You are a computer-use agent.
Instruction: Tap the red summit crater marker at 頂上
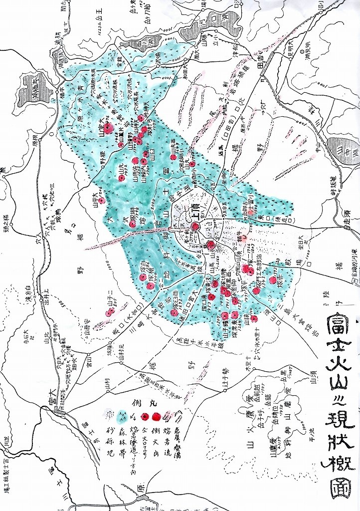pyautogui.click(x=195, y=226)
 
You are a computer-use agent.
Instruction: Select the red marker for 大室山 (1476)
pyautogui.click(x=108, y=128)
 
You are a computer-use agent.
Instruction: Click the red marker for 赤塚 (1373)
pyautogui.click(x=272, y=280)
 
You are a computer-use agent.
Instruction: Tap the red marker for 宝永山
pyautogui.click(x=211, y=245)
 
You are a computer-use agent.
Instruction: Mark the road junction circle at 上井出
pyautogui.click(x=41, y=301)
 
